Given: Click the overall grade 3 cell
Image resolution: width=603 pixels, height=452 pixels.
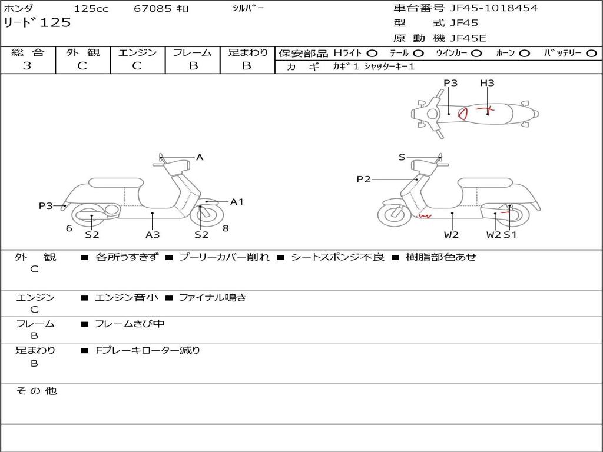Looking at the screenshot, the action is (27, 66).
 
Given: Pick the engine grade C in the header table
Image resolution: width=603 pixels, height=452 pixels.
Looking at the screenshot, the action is (137, 66).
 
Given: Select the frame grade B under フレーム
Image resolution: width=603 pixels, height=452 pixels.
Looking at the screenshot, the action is (193, 66).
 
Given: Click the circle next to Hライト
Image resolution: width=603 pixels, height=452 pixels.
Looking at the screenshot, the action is (373, 53).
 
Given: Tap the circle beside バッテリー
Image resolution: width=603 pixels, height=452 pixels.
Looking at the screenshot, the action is (591, 53).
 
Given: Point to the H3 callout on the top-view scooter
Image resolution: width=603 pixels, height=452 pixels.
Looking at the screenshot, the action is (487, 83).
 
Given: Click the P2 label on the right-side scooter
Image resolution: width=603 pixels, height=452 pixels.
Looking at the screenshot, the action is (363, 179).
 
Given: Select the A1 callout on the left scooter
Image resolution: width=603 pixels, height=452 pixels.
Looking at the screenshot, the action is (237, 202).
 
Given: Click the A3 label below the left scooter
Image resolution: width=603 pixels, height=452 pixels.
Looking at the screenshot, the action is (153, 235).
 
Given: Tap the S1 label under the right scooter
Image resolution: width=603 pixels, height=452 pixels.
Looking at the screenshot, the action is (510, 235).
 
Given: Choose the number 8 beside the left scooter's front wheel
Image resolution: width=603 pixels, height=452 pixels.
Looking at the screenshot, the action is (226, 228).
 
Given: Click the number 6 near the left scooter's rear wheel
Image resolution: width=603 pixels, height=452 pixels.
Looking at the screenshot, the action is (69, 228).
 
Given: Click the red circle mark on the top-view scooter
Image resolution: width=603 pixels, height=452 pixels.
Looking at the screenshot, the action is (463, 112).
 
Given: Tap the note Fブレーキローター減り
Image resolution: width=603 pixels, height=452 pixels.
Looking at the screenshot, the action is (148, 350).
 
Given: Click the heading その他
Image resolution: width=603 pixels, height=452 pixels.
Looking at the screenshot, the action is (36, 391).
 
